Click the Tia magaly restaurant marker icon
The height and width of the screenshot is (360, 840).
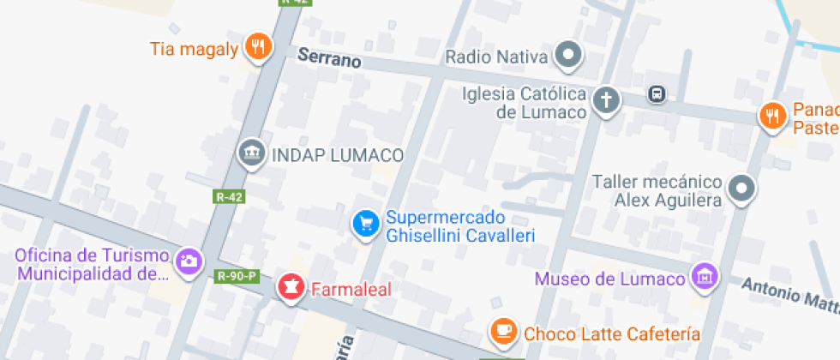[x=258, y=46]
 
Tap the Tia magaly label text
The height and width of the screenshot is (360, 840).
[x=194, y=49]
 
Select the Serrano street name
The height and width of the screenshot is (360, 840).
[x=329, y=59]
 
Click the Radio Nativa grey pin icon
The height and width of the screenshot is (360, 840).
[x=567, y=57]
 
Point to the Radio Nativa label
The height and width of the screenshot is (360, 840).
[x=496, y=57]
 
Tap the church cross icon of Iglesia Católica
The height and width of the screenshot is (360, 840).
[x=607, y=100]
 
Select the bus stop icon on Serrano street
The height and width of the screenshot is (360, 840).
[x=657, y=93]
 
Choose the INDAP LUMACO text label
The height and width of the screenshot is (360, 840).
[x=337, y=155]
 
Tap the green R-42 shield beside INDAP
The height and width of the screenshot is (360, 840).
[x=229, y=196]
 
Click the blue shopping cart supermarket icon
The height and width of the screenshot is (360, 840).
[x=367, y=225]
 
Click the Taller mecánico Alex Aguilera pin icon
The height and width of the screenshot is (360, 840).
[x=741, y=189]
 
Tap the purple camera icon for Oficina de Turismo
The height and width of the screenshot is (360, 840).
[x=188, y=261]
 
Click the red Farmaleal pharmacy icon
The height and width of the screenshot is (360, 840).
[x=290, y=287]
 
